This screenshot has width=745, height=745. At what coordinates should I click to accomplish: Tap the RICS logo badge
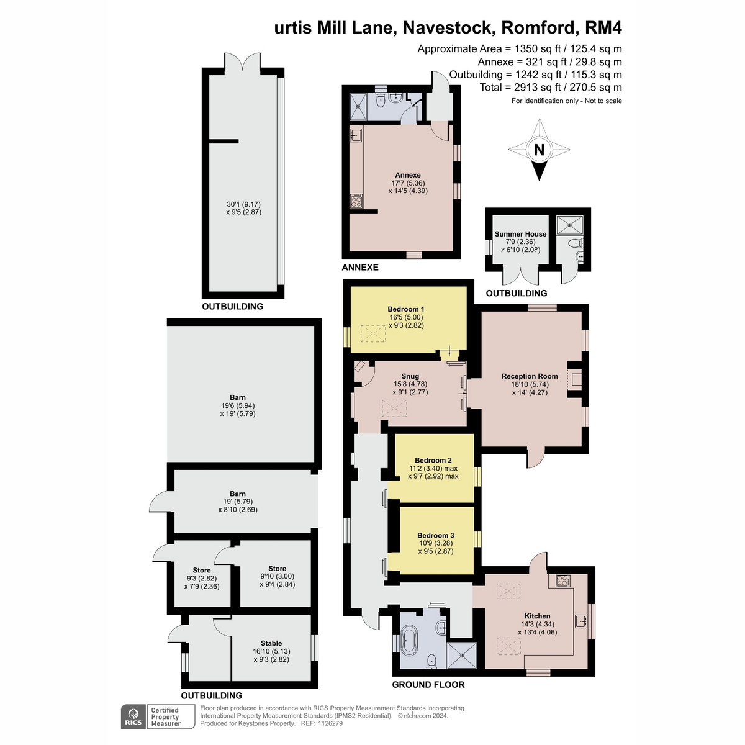pyautogui.click(x=133, y=717)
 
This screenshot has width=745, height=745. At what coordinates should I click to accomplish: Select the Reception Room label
pyautogui.click(x=530, y=376)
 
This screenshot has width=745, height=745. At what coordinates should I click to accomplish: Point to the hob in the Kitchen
pyautogui.click(x=562, y=580)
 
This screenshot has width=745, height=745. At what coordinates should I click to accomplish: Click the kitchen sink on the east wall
pyautogui.click(x=581, y=621)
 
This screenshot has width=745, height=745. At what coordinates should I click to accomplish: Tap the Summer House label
pyautogui.click(x=520, y=234)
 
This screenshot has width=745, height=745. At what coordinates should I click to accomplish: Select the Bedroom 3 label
pyautogui.click(x=435, y=535)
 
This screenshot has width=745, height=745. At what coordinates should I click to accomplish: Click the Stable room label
pyautogui.click(x=271, y=643)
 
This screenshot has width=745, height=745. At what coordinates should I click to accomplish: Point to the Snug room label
pyautogui.click(x=410, y=376)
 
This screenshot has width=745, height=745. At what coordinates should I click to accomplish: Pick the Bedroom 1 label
pyautogui.click(x=406, y=309)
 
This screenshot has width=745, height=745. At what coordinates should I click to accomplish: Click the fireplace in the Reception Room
pyautogui.click(x=574, y=380)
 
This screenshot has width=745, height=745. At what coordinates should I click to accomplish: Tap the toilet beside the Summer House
pyautogui.click(x=576, y=243)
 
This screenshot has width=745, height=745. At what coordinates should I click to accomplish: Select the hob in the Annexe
pyautogui.click(x=356, y=201)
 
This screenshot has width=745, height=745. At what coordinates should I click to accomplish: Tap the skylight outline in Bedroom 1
pyautogui.click(x=373, y=333)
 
